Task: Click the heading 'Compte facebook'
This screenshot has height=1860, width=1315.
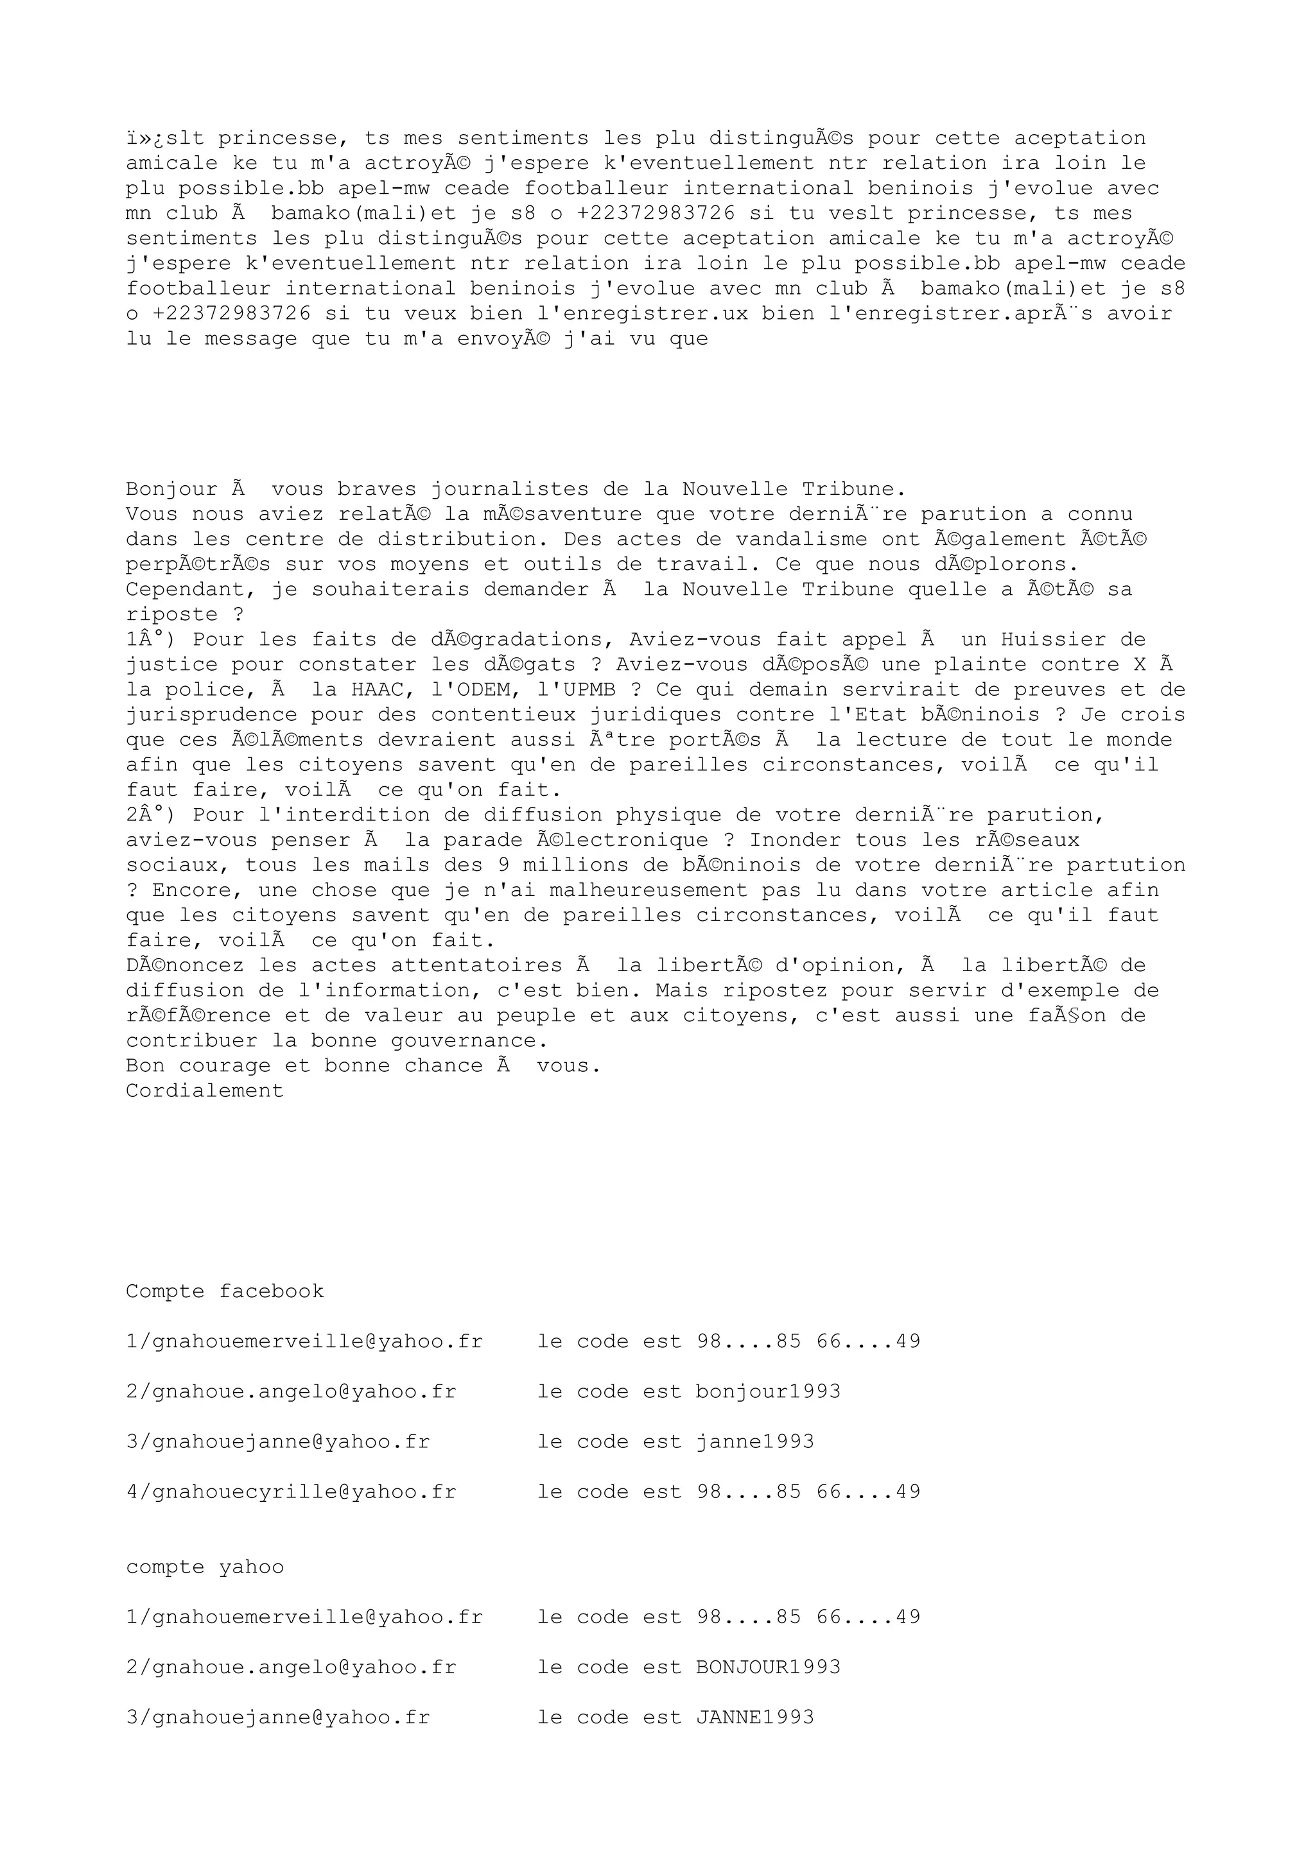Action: click(x=225, y=1291)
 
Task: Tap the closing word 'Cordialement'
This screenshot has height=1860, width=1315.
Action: click(x=205, y=1090)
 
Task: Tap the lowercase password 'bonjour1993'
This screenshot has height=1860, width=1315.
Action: click(x=768, y=1391)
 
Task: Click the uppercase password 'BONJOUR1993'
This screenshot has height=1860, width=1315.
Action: click(x=768, y=1667)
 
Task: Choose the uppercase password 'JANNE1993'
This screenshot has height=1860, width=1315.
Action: click(x=754, y=1718)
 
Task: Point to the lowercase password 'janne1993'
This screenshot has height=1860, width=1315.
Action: click(x=754, y=1442)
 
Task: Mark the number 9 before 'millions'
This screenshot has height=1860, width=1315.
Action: click(x=503, y=865)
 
